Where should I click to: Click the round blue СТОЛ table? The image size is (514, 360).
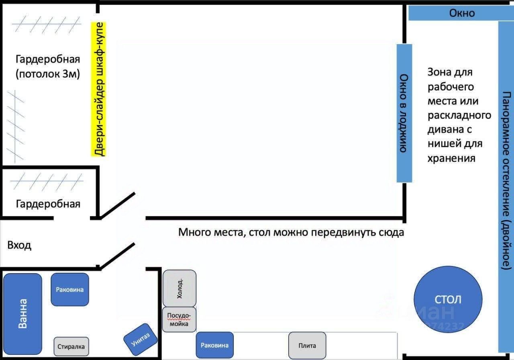(x=448, y=299)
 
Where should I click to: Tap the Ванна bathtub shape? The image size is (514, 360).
(x=22, y=314)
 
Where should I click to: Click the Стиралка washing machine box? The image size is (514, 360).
(x=71, y=346)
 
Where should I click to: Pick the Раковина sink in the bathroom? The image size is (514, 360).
(x=70, y=289)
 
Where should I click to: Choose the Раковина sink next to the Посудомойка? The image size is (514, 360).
(x=214, y=345)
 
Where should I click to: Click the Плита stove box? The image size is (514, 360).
(x=307, y=346)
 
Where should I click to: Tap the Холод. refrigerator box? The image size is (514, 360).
(x=179, y=288)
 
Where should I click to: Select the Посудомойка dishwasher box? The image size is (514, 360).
(x=179, y=319)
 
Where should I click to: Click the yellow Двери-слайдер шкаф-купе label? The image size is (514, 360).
(x=98, y=89)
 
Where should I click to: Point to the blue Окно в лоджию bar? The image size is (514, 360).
(x=404, y=113)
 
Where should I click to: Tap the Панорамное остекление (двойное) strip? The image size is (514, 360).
(x=506, y=187)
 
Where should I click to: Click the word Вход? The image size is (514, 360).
(x=19, y=245)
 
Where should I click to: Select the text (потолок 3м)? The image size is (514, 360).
(x=48, y=74)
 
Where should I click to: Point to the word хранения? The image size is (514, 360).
(x=451, y=158)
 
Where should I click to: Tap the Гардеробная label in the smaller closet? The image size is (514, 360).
(x=48, y=204)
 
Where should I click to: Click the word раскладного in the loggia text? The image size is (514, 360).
(x=459, y=115)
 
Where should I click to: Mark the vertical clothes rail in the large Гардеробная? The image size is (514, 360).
(x=15, y=126)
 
